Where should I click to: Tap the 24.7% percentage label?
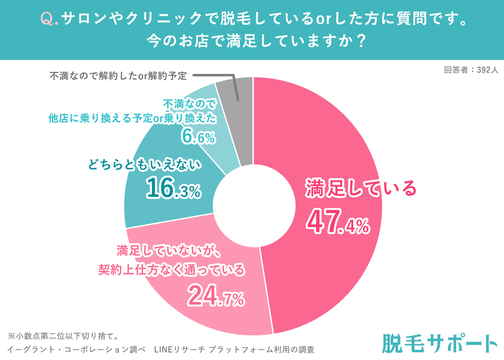(216, 296)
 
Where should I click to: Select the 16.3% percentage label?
(173, 188)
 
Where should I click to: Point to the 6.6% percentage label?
(198, 137)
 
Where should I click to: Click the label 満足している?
(360, 189)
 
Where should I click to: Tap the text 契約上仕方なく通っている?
(171, 269)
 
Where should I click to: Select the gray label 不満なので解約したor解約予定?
(118, 76)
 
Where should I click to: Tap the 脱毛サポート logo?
(440, 344)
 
